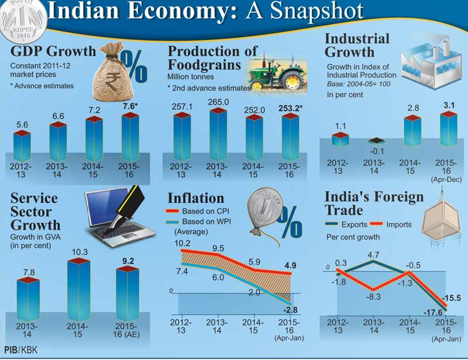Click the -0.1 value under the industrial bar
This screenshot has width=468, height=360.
click(x=375, y=153)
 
